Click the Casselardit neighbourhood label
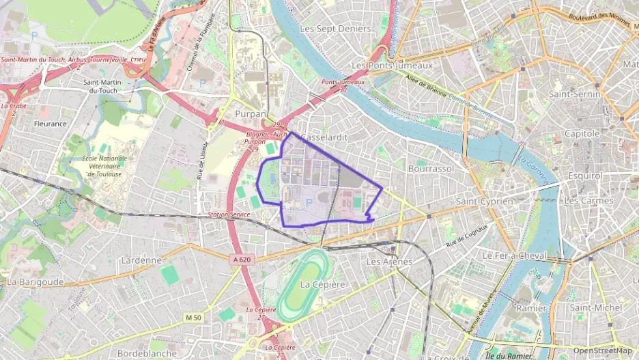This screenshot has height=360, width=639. coord(324,136)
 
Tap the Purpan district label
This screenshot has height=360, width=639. coord(250,113)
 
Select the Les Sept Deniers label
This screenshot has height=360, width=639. coord(335,29)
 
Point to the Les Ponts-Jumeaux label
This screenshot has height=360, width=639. coord(392,65)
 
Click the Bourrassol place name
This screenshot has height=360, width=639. coord(431,167)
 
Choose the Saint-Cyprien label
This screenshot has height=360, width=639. coord(484,202)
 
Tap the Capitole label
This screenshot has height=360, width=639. coord(582,134)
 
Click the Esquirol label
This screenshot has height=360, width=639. coord(584,176)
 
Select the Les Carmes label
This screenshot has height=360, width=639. coord(589,201)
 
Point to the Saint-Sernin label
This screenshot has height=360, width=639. coord(574,94)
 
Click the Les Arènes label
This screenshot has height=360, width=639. coord(389,262)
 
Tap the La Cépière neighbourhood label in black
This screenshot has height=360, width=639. coord(323,284)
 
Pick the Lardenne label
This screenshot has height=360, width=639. coord(141,260)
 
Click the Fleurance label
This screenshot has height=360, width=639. coord(51,124)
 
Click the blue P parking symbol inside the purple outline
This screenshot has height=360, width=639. coord(309,202)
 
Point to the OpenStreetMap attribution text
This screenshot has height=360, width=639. coord(602,351)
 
